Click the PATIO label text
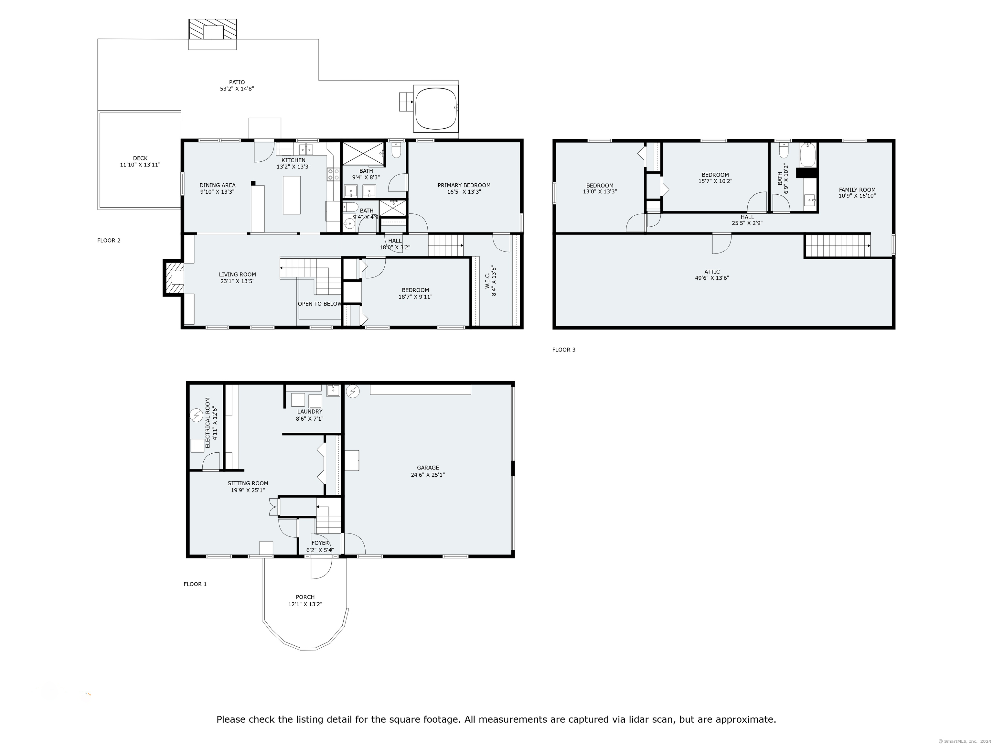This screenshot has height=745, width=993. point(237,82)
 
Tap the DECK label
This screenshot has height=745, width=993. point(140,158)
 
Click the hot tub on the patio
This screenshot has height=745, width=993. point(436,109)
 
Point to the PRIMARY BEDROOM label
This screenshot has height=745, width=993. point(464,185)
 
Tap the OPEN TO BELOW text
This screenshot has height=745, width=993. point(320,304)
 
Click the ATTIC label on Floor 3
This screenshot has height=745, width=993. point(712,272)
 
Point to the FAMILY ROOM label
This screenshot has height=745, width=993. point(857,189)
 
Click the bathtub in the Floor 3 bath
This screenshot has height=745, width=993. point(807,155)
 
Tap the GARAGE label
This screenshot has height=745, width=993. point(428,468)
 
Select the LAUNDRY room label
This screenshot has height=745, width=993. point(310,411)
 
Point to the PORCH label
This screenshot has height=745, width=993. point(305,597)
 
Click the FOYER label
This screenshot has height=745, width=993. point(320,543)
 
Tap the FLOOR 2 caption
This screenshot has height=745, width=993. point(109,240)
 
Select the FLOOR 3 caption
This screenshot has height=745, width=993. point(564,349)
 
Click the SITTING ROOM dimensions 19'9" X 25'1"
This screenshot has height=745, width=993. point(248,491)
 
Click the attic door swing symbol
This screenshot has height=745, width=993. point(722,243)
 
